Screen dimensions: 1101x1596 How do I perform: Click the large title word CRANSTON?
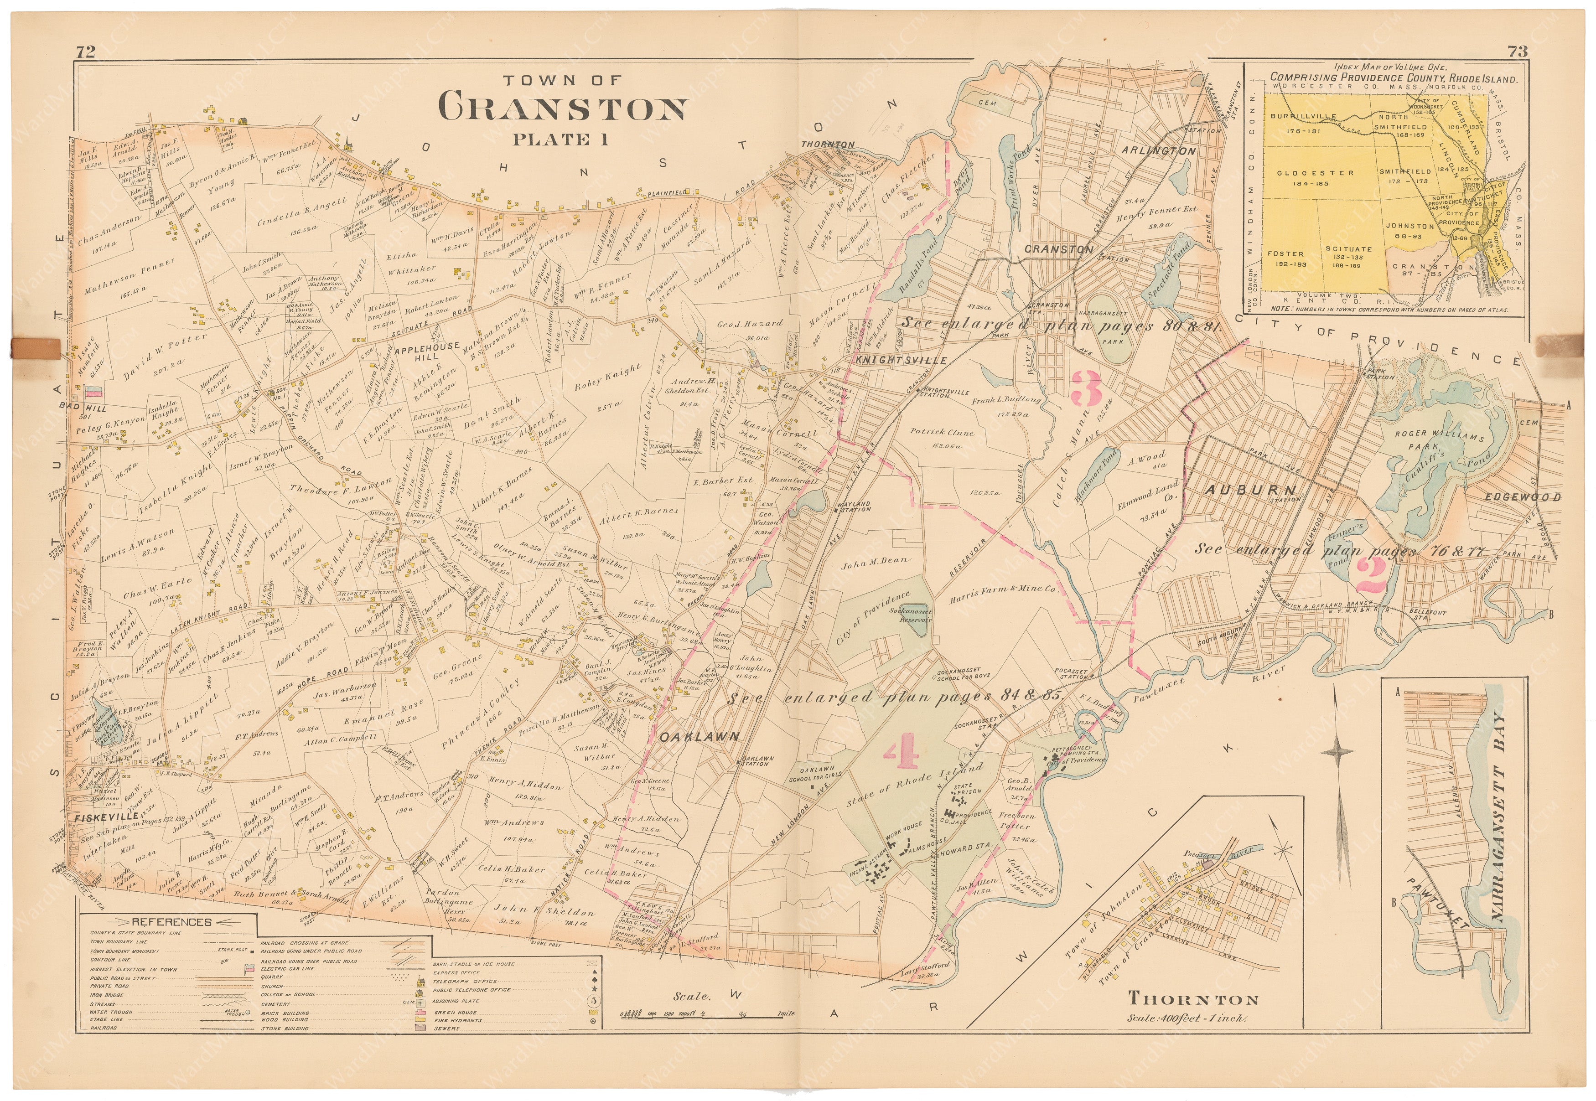pyautogui.click(x=562, y=109)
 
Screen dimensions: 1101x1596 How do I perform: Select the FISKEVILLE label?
pyautogui.click(x=104, y=817)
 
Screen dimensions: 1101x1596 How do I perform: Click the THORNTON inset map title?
pyautogui.click(x=1192, y=999)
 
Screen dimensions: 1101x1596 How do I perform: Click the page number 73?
pyautogui.click(x=1517, y=51)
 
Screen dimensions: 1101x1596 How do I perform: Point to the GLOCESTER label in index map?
pyautogui.click(x=1305, y=173)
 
